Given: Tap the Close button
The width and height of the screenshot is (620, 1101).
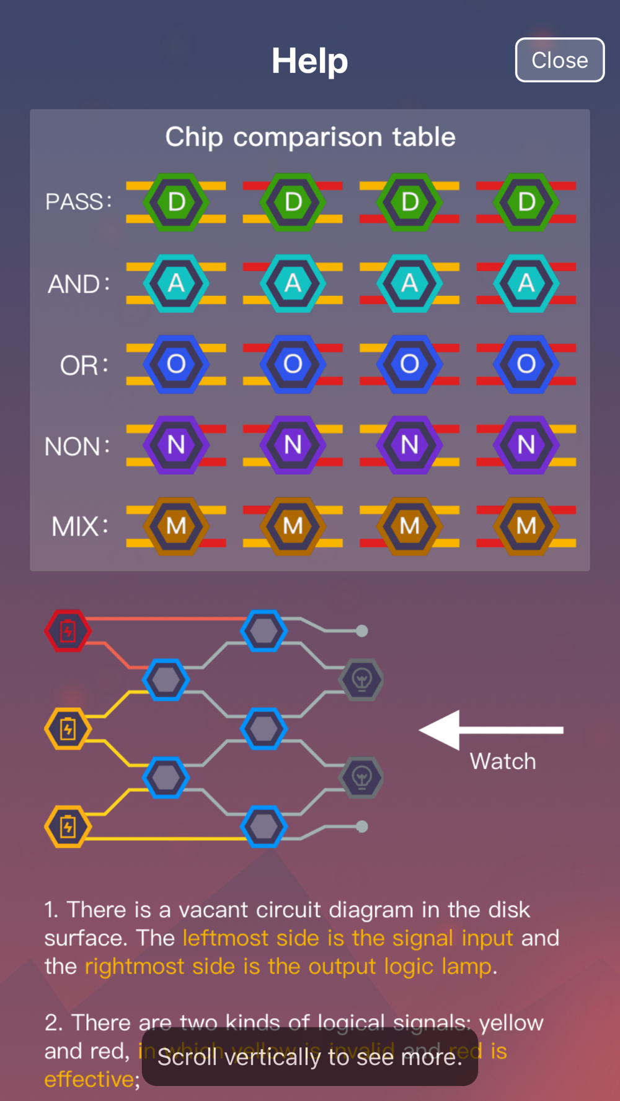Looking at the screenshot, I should pos(559,60).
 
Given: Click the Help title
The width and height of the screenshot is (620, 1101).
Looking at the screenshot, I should pos(310,61).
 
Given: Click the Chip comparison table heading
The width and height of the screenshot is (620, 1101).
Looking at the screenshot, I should pos(310,137).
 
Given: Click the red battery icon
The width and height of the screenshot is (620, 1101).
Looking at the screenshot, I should pos(68,631).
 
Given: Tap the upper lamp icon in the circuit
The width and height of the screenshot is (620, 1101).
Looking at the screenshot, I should pos(361,680).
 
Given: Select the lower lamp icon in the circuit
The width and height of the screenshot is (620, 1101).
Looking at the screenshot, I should pos(361,777).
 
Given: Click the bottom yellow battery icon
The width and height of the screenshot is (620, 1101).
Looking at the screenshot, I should pos(68,826).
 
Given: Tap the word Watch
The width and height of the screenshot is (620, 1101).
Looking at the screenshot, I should pos(502,761).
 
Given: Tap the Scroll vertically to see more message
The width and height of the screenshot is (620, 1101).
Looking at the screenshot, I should pos(310,1056).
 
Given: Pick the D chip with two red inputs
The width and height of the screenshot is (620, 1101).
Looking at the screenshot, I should pos(526,202).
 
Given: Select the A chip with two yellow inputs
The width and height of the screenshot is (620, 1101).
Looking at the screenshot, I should pos(176,284).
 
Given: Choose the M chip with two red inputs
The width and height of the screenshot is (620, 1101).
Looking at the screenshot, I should pos(526,526).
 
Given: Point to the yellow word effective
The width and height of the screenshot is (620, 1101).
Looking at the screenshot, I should pos(89,1079).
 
